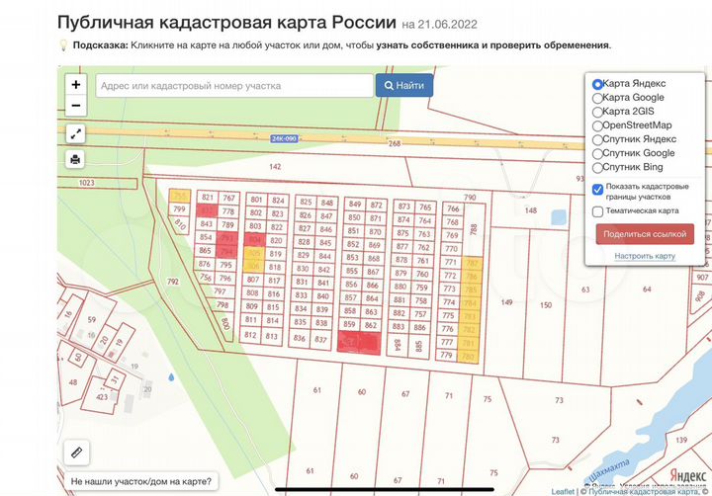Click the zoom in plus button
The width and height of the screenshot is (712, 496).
pyautogui.click(x=75, y=85)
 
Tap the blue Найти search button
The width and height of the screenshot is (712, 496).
pyautogui.click(x=403, y=86)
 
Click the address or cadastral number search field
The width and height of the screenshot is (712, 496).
pyautogui.click(x=233, y=86)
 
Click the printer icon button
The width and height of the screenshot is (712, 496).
pyautogui.click(x=75, y=159)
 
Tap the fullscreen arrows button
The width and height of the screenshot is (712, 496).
pyautogui.click(x=75, y=132)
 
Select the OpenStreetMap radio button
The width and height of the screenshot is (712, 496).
pyautogui.click(x=597, y=125)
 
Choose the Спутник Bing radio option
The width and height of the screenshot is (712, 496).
pyautogui.click(x=597, y=167)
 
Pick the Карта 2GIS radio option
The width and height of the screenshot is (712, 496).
pyautogui.click(x=597, y=112)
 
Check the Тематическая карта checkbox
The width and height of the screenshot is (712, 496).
pyautogui.click(x=597, y=210)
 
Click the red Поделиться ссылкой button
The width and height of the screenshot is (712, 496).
pyautogui.click(x=645, y=233)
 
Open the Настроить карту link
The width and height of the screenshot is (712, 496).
pyautogui.click(x=645, y=256)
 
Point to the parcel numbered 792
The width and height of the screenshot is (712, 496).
pyautogui.click(x=173, y=282)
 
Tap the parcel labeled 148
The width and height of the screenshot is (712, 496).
pyautogui.click(x=530, y=210)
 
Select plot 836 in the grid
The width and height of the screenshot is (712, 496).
pyautogui.click(x=300, y=338)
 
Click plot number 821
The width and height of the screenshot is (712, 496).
pyautogui.click(x=207, y=199)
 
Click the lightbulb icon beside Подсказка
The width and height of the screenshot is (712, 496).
pyautogui.click(x=63, y=44)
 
